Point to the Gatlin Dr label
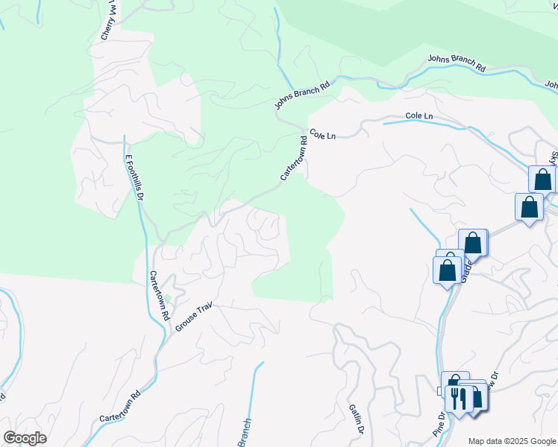tap(356, 418)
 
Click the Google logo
tap(25, 438)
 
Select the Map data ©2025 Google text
tap(512, 441)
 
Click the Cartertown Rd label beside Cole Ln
tap(294, 157)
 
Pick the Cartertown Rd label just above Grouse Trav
tap(157, 294)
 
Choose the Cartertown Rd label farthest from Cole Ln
tap(119, 407)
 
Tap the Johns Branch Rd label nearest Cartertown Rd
tap(302, 96)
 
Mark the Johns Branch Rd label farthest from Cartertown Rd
tap(457, 63)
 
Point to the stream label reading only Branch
tap(245, 432)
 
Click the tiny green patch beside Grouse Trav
tap(168, 298)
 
